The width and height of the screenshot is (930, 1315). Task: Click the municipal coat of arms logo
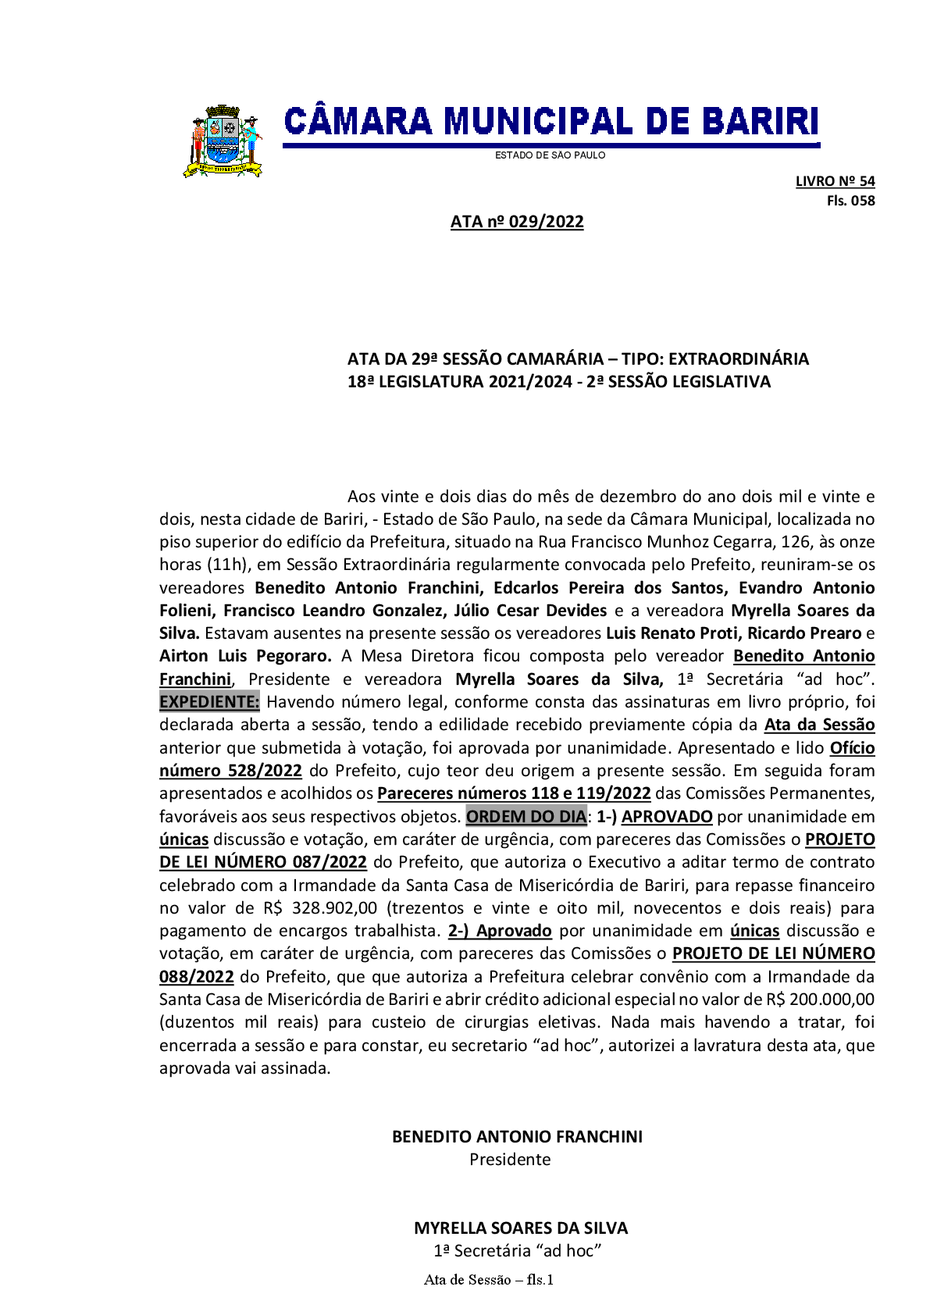[x=223, y=141]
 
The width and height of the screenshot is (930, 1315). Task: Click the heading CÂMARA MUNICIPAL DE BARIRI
[x=551, y=122]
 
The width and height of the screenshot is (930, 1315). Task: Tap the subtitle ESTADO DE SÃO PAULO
[x=550, y=155]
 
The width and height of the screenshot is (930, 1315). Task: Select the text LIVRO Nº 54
[x=835, y=181]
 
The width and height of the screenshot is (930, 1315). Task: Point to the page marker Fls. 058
[x=850, y=201]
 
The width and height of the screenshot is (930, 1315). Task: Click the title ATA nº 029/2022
[x=517, y=222]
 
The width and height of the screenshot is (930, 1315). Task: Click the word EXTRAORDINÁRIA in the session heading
[x=738, y=359]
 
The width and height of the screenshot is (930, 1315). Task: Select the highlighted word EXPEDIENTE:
[x=209, y=702]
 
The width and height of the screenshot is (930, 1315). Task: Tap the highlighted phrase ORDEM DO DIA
[x=526, y=817]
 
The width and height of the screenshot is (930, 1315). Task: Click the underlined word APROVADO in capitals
[x=666, y=817]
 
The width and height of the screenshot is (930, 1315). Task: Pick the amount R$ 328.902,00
[x=320, y=908]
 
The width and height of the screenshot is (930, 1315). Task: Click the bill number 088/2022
[x=196, y=977]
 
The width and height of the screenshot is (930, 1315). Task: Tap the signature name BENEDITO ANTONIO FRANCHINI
[x=517, y=1137]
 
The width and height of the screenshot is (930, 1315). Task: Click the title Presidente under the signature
[x=510, y=1160]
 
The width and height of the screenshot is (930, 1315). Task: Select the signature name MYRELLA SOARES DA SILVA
[x=521, y=1228]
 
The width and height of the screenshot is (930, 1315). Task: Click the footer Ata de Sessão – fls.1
[x=489, y=1280]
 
